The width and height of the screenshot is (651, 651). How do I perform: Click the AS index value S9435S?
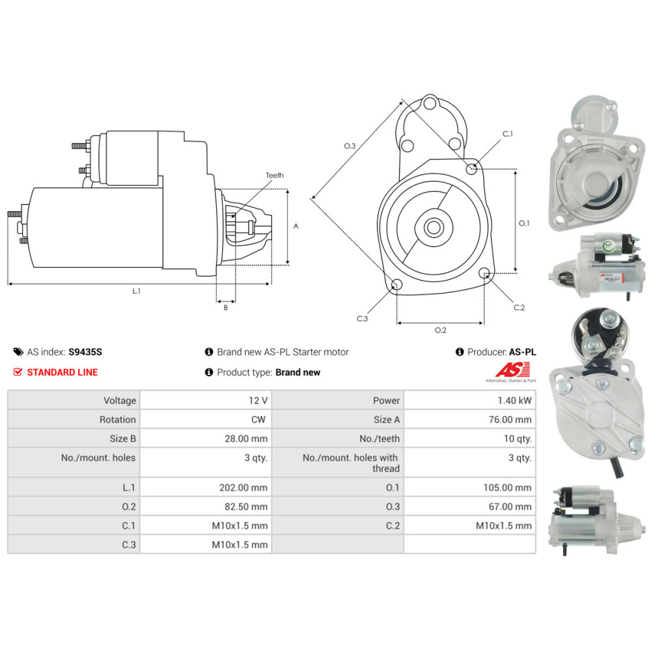pyautogui.click(x=85, y=352)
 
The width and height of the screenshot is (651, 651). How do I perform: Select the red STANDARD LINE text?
pyautogui.click(x=62, y=372)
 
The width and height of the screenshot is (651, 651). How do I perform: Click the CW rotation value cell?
pyautogui.click(x=258, y=420)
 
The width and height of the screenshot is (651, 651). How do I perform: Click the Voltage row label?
pyautogui.click(x=120, y=400)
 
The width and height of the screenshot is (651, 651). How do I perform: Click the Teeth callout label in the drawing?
pyautogui.click(x=275, y=175)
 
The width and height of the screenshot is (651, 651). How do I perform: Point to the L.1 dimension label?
pyautogui.click(x=137, y=291)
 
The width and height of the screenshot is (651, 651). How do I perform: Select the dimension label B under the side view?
pyautogui.click(x=226, y=308)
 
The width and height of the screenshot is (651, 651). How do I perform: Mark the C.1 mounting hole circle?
pyautogui.click(x=472, y=169)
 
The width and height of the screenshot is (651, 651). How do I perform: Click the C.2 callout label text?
pyautogui.click(x=519, y=307)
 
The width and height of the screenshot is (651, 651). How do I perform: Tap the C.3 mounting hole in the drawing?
pyautogui.click(x=395, y=284)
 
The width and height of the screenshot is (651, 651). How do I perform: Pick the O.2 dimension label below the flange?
pyautogui.click(x=440, y=330)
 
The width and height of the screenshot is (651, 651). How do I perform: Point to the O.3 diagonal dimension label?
pyautogui.click(x=350, y=146)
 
